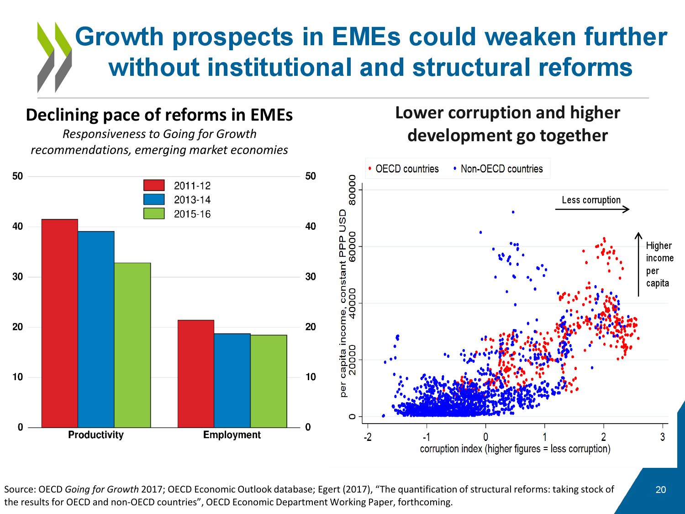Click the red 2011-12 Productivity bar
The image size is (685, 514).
pos(59,323)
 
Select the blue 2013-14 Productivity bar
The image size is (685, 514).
pos(96,329)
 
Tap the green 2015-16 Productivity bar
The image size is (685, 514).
pos(132,345)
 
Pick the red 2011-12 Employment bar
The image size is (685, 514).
pos(195,374)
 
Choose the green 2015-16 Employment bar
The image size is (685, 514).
pos(269,381)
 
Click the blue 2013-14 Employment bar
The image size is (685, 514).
pos(232,381)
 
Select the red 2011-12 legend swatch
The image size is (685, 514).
pos(154,185)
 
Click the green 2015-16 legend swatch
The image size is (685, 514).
pos(154,213)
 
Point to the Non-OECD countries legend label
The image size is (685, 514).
pos(501,169)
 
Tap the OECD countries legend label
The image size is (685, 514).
pos(407,169)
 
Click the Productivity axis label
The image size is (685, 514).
pos(96,435)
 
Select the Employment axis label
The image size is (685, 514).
pos(232,435)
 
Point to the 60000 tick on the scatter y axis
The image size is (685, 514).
pos(352,247)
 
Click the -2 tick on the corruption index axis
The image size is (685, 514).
pos(368,437)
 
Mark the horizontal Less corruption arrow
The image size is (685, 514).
pos(592,209)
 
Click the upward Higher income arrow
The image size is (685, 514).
pos(638,264)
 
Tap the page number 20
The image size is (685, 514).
pos(661,490)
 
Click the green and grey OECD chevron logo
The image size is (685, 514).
pos(54,57)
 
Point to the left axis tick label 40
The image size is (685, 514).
pos(18,227)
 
